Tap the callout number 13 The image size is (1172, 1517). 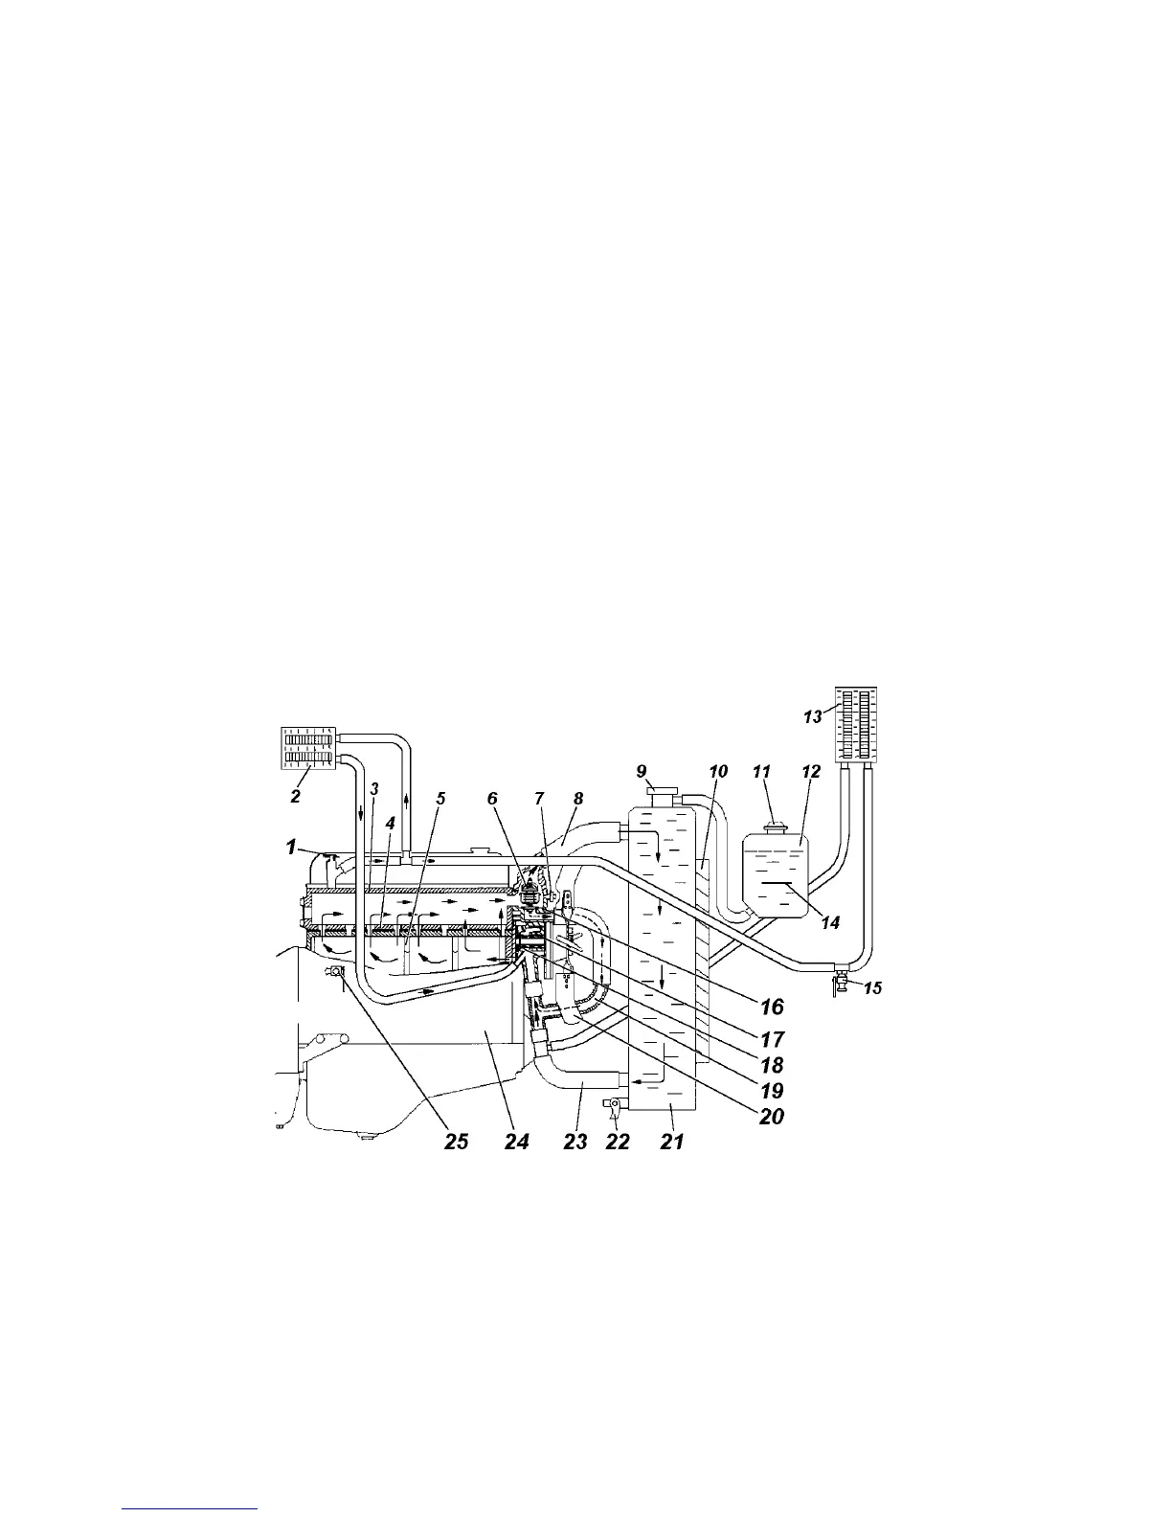(x=812, y=716)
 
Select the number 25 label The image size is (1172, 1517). (x=456, y=1142)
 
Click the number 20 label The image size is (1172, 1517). (x=772, y=1116)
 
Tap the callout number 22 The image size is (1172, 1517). (x=619, y=1142)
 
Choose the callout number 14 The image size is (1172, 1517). (x=829, y=922)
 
